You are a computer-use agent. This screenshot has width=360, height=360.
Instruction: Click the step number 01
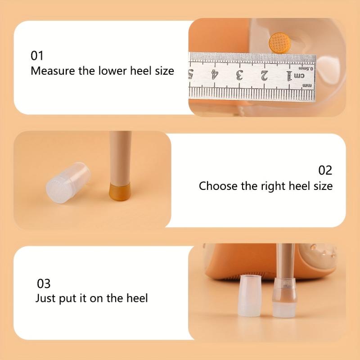coord(37,56)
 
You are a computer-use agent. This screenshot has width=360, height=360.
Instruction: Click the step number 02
coord(325,171)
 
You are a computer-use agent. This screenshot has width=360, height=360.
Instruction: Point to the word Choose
coord(218,186)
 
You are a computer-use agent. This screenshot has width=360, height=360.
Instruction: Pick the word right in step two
coord(273,186)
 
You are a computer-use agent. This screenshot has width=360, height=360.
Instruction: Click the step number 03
coord(44,284)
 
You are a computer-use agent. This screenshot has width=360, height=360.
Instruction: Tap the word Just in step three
coord(45,298)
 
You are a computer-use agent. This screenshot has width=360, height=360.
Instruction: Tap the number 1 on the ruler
coord(289,76)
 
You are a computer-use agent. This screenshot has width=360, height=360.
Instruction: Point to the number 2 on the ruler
coord(264,76)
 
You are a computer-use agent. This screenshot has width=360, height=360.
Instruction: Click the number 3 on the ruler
coord(239,76)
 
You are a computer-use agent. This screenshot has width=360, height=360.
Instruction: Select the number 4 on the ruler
coord(215,75)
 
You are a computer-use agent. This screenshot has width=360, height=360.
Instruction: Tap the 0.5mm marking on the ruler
coord(306,69)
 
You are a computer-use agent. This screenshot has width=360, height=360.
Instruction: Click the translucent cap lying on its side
coord(68,183)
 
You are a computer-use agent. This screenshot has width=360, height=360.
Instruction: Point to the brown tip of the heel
coord(119,191)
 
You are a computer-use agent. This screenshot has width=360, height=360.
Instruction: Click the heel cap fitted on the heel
coord(284,298)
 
